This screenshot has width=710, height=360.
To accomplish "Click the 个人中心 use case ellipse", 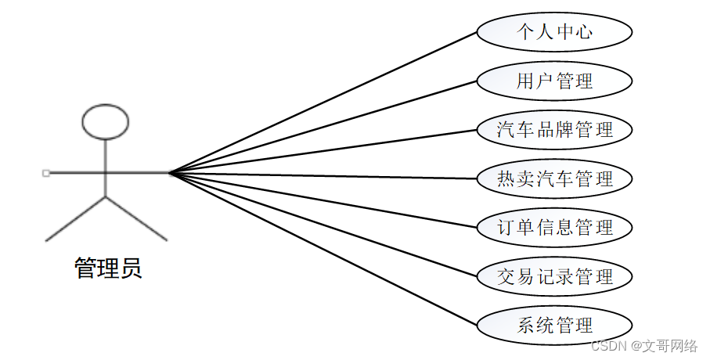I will point(554,32).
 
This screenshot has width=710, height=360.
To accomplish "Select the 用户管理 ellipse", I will point(554,81).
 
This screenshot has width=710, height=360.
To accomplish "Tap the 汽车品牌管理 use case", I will point(554,130).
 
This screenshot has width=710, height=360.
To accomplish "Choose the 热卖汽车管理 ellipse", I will point(554,178).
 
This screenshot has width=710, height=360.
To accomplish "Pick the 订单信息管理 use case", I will point(554,228).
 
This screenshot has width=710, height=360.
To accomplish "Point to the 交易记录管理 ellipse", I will point(554,276).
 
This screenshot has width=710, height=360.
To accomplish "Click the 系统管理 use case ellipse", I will point(554,326).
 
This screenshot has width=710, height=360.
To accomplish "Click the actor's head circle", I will point(105,122).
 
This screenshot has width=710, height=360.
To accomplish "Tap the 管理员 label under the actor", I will point(108,268).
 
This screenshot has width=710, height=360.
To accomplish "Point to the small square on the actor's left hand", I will point(46,172).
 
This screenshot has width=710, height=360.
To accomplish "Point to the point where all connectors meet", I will point(169,172).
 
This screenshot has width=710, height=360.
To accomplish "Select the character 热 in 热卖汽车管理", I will point(506,178).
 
